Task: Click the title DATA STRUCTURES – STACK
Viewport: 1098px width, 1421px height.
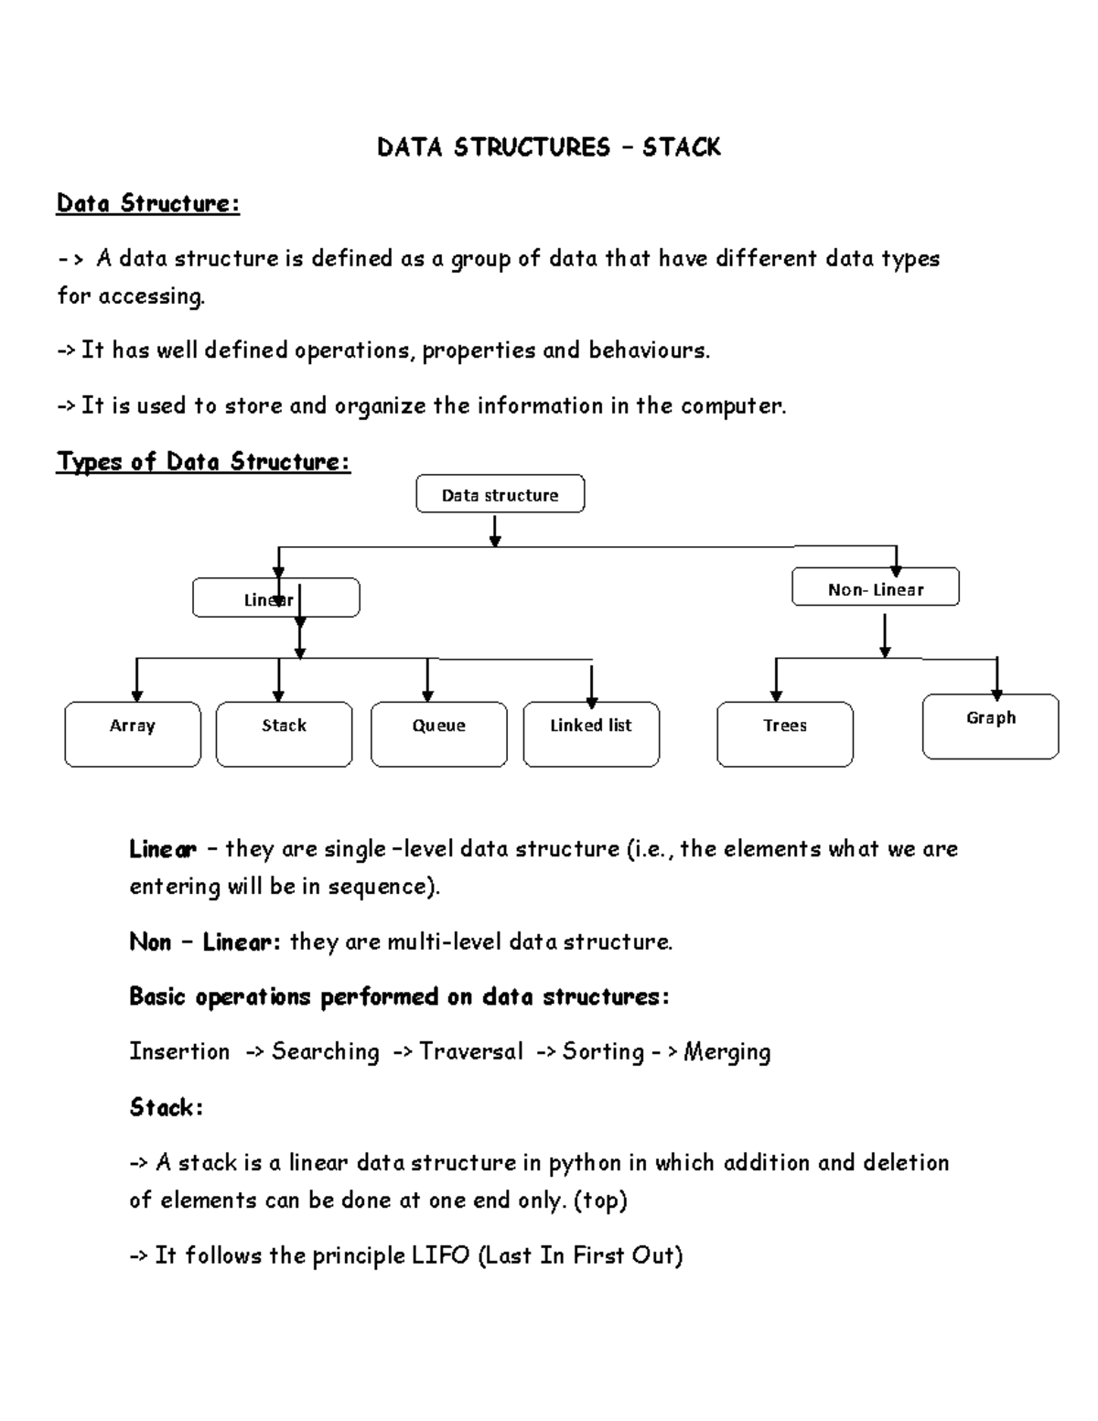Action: coord(548,147)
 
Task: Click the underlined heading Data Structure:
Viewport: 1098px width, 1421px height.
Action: coord(147,203)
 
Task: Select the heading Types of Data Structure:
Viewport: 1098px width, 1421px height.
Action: coord(203,461)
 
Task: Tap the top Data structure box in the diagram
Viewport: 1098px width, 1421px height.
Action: coord(500,494)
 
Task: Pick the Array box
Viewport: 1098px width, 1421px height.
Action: coord(133,734)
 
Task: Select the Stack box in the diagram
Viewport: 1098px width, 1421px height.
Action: coord(284,734)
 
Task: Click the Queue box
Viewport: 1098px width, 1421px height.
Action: coord(438,734)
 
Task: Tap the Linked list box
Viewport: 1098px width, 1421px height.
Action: coord(591,734)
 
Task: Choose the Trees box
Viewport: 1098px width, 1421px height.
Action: coord(785,734)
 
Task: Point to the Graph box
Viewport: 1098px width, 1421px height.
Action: coord(990,726)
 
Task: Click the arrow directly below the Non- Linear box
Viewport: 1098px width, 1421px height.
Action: coord(885,636)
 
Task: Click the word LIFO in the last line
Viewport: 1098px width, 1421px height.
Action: coord(440,1255)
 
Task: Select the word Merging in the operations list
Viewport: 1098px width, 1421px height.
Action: coord(727,1052)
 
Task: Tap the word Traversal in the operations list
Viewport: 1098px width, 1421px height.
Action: coord(471,1052)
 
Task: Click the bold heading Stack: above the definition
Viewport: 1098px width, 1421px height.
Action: coord(166,1107)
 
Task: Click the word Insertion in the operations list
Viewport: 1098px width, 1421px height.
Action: coord(179,1052)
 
